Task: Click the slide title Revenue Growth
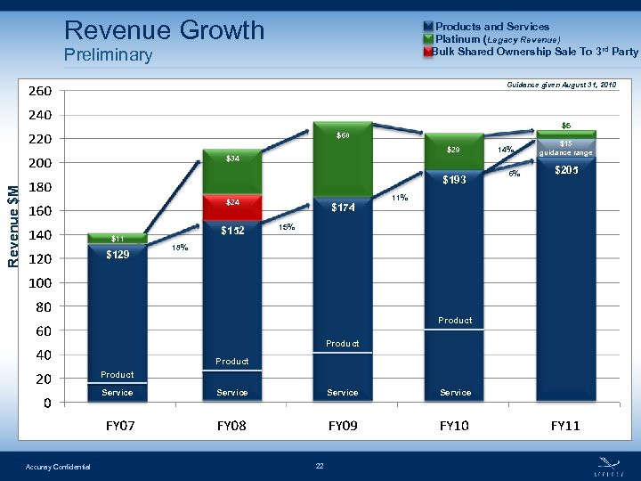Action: pos(165,30)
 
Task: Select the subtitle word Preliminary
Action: pos(108,55)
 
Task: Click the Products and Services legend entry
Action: pos(491,27)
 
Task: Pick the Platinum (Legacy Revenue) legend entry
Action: pos(497,39)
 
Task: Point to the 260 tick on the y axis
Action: pos(39,91)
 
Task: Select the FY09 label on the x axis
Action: pos(343,426)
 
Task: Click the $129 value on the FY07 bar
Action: pos(118,255)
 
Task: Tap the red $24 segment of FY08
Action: pos(231,203)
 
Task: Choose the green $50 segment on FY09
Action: pos(343,136)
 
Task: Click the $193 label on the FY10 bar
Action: pos(455,181)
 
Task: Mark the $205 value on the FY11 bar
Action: pos(566,171)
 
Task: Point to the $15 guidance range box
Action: pos(566,148)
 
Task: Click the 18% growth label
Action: pos(178,249)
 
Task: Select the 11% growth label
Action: pos(400,198)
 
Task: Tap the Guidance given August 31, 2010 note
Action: pos(561,84)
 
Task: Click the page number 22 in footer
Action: pos(320,466)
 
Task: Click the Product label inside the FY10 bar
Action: pos(455,321)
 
